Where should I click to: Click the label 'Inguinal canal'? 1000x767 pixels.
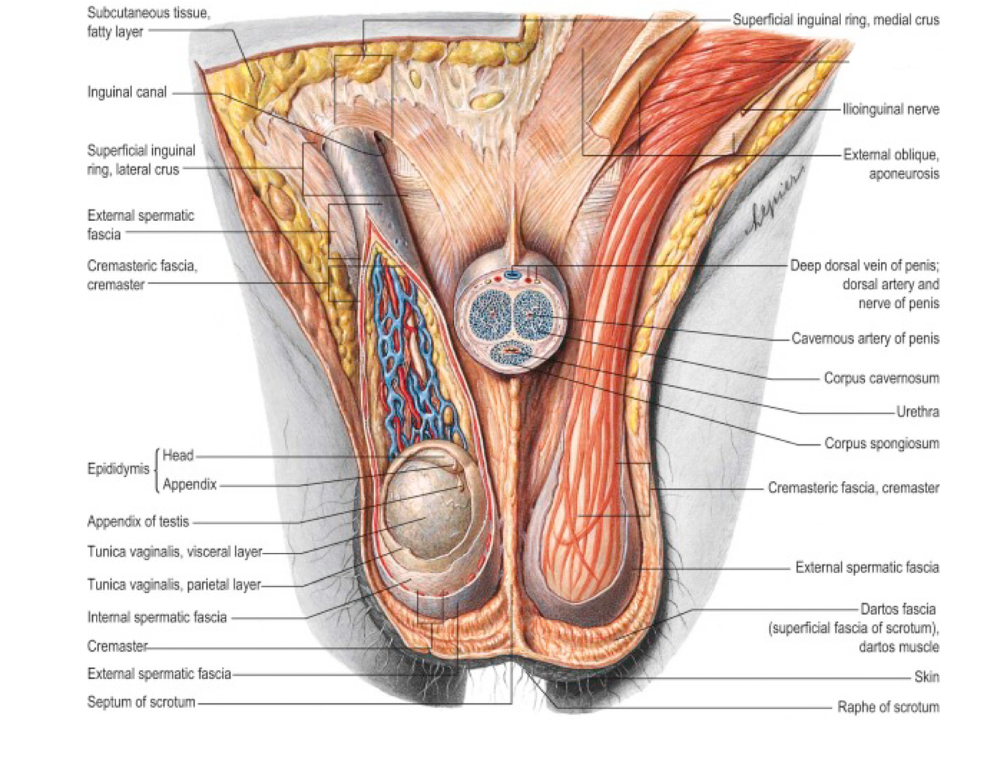tap(127, 93)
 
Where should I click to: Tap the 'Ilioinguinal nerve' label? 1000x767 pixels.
tap(891, 109)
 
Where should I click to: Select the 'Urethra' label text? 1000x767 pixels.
tap(918, 411)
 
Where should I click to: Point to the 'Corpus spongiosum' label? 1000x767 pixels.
tap(882, 443)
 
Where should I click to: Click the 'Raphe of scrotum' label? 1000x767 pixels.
tap(888, 707)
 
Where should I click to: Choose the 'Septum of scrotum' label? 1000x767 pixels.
tap(141, 703)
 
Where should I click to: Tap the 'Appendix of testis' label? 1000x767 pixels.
tap(138, 522)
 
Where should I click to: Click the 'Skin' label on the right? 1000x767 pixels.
tap(927, 677)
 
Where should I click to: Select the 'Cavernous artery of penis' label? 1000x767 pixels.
tap(865, 339)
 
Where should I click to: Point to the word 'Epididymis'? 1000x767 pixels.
tap(118, 470)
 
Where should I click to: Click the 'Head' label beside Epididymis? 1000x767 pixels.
tap(178, 455)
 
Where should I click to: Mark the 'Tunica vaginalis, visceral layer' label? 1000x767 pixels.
tap(175, 552)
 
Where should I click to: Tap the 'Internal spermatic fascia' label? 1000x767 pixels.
tap(157, 618)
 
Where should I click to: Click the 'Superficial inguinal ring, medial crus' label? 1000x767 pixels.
tap(835, 20)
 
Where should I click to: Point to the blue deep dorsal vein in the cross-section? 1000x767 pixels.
tap(512, 275)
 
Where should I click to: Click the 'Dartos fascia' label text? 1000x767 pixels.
tap(897, 609)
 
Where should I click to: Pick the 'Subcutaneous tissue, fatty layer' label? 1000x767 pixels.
tap(148, 22)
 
